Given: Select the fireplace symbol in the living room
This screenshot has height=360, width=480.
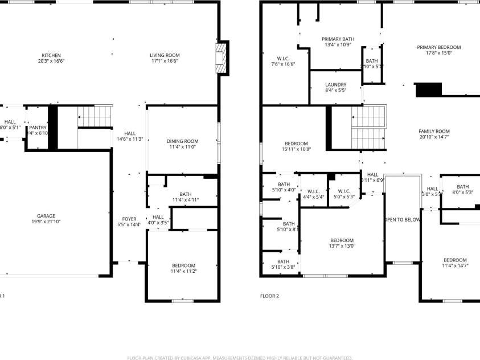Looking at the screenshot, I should [x=221, y=58].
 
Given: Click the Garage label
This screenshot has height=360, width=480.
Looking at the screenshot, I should [x=46, y=216].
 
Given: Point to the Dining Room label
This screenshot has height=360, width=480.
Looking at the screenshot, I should [x=182, y=141].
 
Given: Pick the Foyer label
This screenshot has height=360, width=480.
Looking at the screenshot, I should [x=129, y=219].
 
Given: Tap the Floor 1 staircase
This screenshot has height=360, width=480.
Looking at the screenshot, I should [x=94, y=117].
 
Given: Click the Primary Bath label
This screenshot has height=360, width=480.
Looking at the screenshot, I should [x=338, y=39].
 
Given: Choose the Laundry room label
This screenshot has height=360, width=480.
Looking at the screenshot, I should [x=335, y=85].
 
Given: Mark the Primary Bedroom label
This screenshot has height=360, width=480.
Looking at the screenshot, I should [x=438, y=47].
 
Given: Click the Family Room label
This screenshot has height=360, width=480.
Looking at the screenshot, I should [x=434, y=131].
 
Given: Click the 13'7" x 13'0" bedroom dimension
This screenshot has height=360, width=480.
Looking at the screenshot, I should [x=342, y=246].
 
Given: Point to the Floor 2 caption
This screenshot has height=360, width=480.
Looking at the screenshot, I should [x=269, y=296].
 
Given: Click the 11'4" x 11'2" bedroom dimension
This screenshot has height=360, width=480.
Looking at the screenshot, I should [x=183, y=271].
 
